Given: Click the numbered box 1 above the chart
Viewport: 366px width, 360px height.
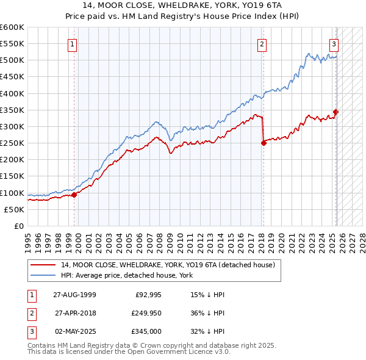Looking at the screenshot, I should tap(72, 43).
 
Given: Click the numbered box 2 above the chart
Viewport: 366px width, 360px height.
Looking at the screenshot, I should tap(262, 43).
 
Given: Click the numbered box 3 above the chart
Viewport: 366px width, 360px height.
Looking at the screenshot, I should tap(334, 43).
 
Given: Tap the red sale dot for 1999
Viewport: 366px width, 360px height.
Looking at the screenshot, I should tap(74, 195).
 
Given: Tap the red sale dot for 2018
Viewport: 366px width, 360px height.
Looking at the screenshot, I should tap(264, 143).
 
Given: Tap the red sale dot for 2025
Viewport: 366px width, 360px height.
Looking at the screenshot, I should tap(335, 112).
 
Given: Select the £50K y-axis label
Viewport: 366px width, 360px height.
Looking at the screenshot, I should tap(13, 209).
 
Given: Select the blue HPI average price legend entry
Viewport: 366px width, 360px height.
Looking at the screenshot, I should tap(126, 275).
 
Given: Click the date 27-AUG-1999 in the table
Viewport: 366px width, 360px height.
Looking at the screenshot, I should tap(74, 295).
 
